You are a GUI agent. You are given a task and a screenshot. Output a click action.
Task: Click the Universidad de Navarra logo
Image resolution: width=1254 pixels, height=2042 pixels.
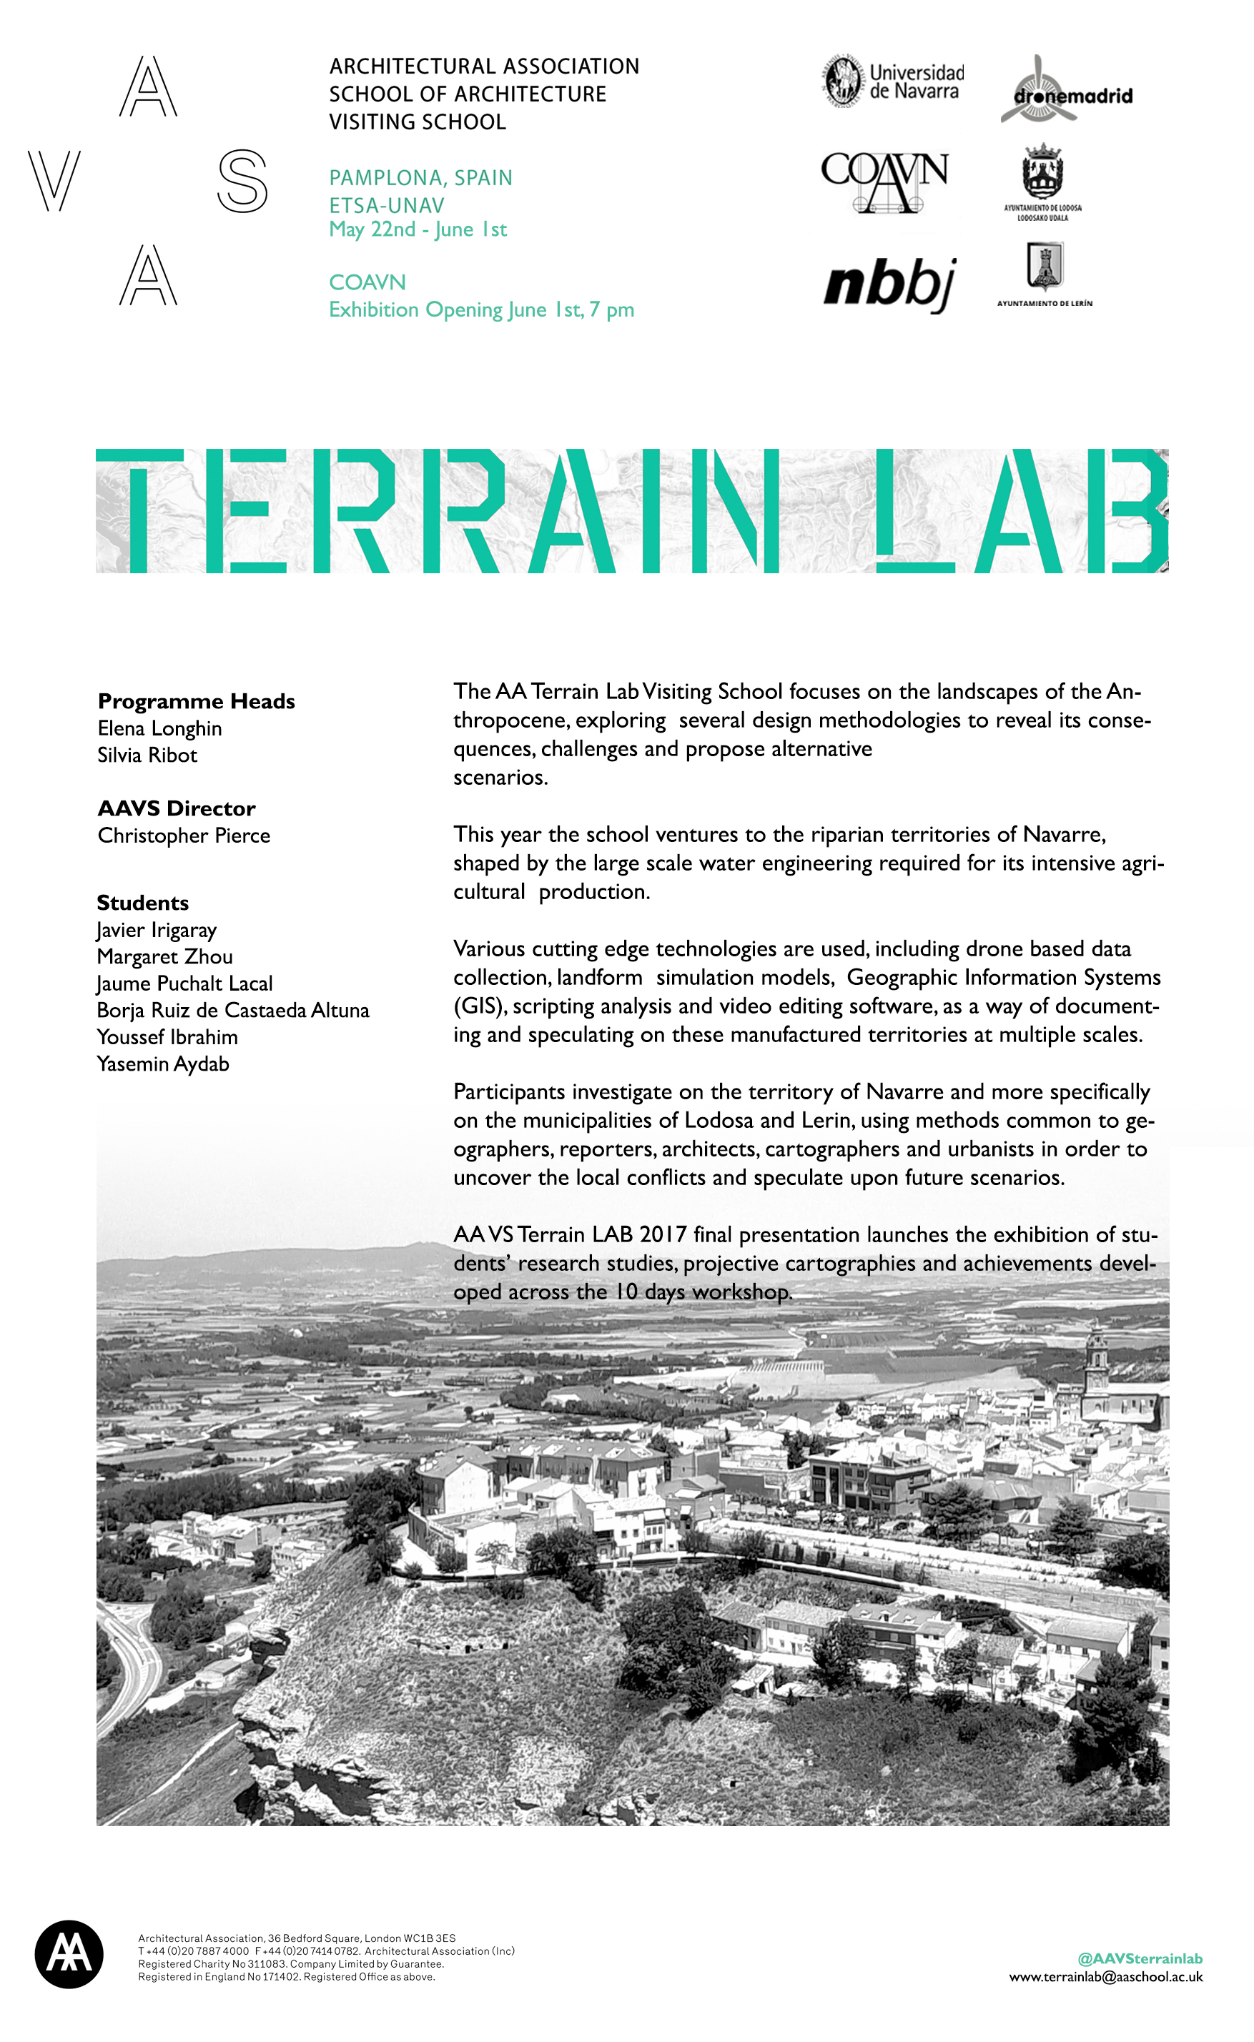[x=893, y=82]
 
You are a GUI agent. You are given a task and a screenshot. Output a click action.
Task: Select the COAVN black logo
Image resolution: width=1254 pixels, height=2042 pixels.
[x=884, y=180]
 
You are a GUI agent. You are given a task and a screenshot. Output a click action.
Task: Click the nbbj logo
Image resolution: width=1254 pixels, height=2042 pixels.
[x=890, y=284]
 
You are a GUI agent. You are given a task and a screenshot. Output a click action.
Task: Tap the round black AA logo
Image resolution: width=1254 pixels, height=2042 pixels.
[x=69, y=1954]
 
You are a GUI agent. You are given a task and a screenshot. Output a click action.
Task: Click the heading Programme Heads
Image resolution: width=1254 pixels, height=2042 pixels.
[x=196, y=701]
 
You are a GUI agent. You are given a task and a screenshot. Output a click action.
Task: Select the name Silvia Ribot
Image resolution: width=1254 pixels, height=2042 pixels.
[x=147, y=755]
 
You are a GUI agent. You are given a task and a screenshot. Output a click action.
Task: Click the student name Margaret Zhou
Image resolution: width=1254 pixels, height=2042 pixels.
[x=164, y=957]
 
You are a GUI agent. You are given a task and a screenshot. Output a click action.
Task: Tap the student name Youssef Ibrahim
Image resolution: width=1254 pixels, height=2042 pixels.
[x=167, y=1037]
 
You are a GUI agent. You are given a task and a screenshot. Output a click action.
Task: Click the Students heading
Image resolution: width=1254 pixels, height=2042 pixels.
[x=143, y=903]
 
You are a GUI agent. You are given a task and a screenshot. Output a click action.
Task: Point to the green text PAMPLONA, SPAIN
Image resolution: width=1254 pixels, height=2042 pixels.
[x=420, y=177]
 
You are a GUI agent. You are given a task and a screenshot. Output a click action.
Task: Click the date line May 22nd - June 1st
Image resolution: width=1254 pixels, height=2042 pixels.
[x=418, y=229]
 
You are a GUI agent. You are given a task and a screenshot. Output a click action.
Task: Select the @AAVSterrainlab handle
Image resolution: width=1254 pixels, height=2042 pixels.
[x=1140, y=1958]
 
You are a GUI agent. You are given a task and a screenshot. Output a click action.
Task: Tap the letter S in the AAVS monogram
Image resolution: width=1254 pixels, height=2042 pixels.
[x=242, y=181]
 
